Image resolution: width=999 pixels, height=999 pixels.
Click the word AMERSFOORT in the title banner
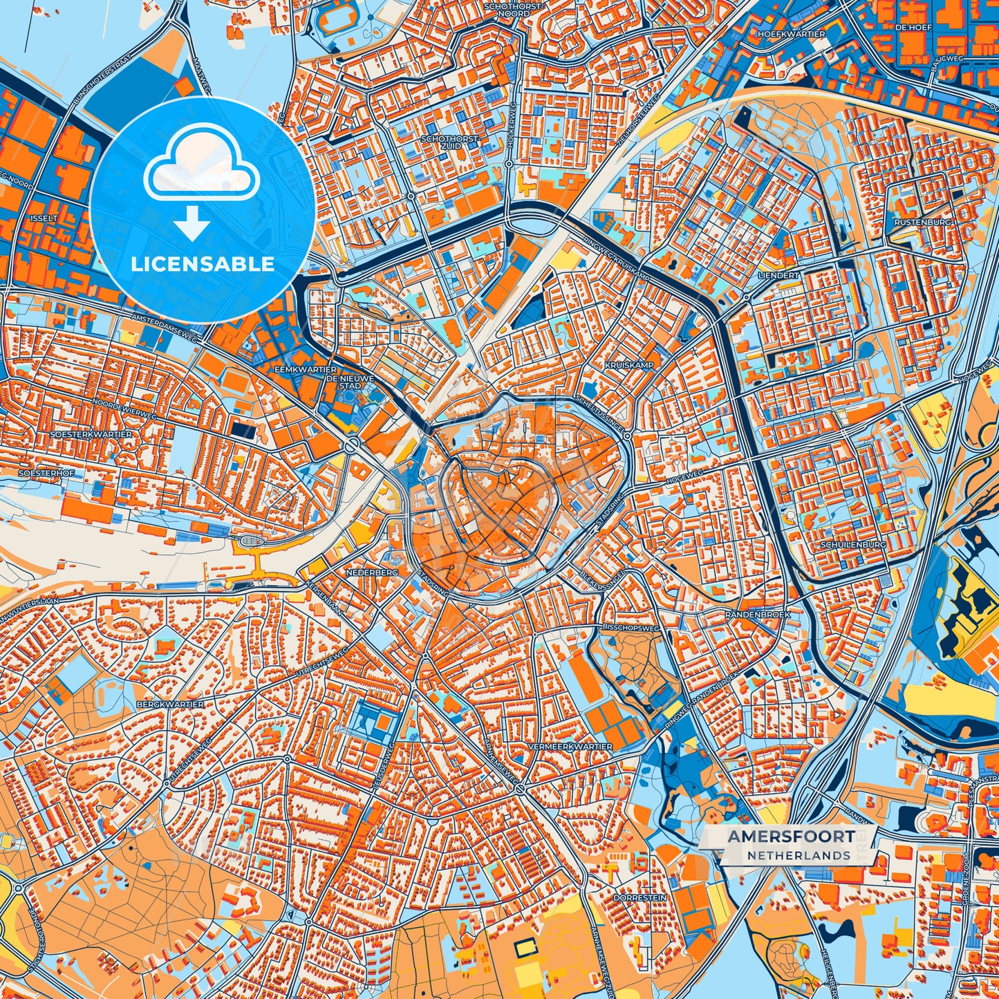[790, 836]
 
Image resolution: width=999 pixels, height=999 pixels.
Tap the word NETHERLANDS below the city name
[799, 855]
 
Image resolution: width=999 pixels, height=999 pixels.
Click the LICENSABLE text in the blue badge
[203, 264]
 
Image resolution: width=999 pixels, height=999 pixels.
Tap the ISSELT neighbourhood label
[44, 218]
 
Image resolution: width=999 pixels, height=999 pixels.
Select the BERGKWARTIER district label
[170, 704]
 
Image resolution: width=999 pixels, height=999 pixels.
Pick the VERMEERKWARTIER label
[570, 747]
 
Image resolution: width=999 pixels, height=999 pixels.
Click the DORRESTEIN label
[639, 897]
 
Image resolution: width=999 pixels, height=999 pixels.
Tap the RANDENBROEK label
[757, 614]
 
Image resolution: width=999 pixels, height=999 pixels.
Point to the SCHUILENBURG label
[853, 545]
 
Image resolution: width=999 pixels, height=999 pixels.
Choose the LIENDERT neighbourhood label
[778, 275]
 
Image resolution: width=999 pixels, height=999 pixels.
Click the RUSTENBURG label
[923, 223]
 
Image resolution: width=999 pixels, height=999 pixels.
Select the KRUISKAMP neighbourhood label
[628, 364]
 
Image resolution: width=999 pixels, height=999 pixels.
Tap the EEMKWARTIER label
[306, 370]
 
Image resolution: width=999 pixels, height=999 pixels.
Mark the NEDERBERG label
[372, 573]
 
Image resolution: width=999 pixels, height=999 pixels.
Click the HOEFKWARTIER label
[792, 34]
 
